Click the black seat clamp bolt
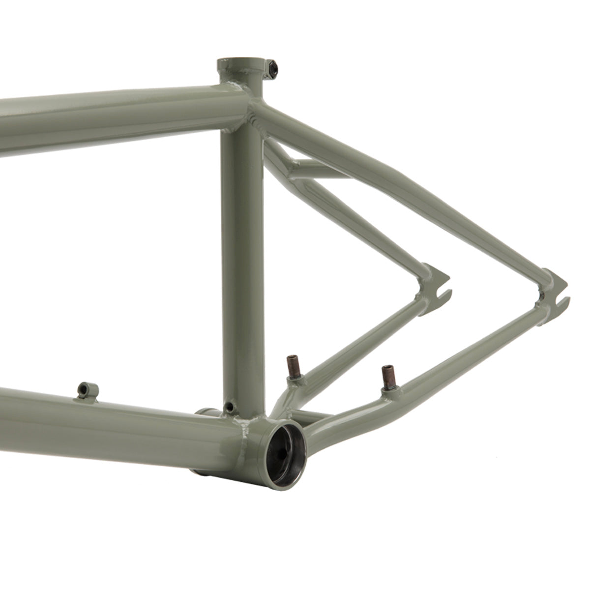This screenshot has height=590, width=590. pos(272,68)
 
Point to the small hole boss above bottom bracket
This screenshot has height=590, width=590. pos(228,406)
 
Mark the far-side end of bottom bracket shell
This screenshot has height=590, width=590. pos(204,413)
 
